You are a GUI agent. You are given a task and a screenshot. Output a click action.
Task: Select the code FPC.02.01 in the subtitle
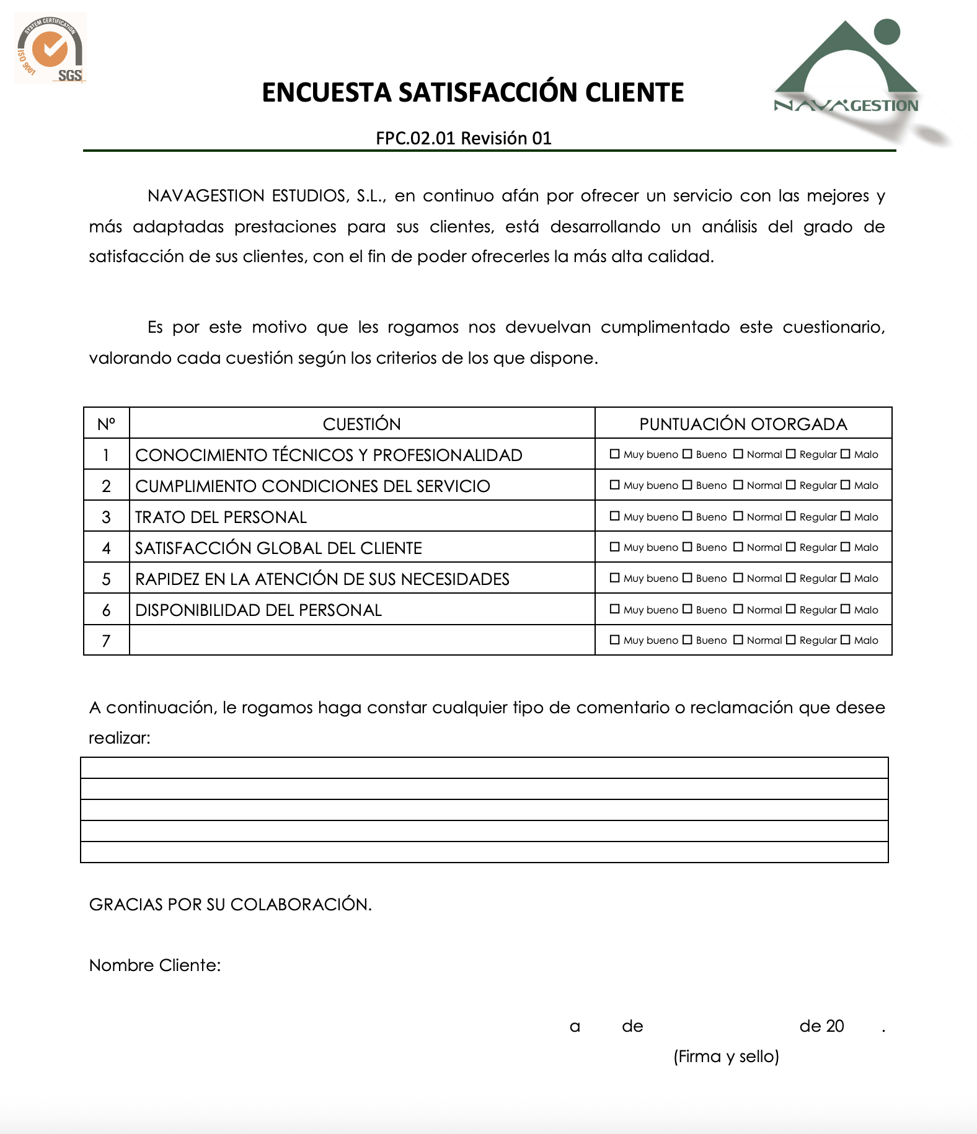coord(415,138)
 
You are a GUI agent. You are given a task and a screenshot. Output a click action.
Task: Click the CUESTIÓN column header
coord(361,424)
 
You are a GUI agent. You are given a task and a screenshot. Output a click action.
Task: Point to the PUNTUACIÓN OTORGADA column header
coord(743,424)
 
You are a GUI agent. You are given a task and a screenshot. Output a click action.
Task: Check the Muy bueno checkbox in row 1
coord(615,454)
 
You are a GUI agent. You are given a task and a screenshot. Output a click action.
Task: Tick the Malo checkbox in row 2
coord(846,485)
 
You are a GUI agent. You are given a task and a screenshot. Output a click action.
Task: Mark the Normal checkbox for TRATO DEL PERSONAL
coord(738,516)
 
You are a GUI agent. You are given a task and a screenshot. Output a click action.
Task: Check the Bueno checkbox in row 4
coord(687,547)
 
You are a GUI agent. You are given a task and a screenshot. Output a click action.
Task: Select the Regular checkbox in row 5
coord(791,578)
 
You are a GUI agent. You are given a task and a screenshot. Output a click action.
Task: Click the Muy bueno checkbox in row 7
coord(615,640)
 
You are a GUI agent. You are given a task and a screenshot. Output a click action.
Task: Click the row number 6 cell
coord(106,610)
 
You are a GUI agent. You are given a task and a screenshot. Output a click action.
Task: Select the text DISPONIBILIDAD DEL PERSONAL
coord(258,610)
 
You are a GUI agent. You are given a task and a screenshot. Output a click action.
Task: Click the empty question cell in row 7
coord(361,640)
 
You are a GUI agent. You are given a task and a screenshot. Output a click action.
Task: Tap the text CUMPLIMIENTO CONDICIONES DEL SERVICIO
coord(312,486)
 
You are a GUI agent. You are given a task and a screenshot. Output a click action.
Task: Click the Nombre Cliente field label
coord(155,965)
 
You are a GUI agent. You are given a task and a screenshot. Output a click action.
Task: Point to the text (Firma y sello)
coord(726,1057)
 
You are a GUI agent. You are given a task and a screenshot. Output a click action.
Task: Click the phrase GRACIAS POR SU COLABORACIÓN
coord(230,905)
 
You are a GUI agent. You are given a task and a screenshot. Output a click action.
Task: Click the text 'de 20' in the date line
coord(821,1026)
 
